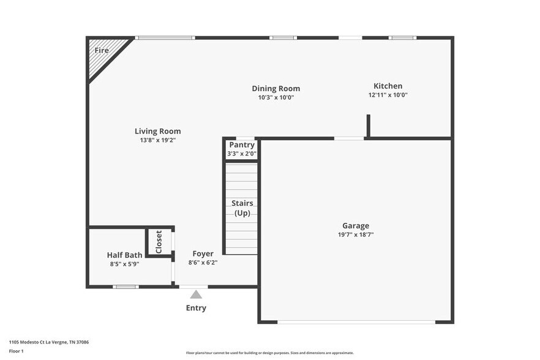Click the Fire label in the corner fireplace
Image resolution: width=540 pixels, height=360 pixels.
[102, 50]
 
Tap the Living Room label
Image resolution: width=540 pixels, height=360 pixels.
[158, 131]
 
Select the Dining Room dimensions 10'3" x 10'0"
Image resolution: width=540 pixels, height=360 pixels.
[276, 97]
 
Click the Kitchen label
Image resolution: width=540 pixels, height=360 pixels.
[388, 86]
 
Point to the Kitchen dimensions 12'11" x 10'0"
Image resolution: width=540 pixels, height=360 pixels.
[388, 95]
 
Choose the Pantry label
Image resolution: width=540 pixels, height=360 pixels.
[241, 145]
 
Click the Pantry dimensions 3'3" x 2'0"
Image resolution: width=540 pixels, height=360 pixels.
[241, 154]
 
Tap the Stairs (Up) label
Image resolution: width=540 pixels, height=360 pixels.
[242, 208]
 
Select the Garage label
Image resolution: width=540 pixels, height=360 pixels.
[356, 226]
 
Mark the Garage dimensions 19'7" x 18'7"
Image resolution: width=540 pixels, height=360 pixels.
[356, 234]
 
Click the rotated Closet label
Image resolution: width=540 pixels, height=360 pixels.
[159, 242]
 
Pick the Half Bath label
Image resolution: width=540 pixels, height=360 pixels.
[124, 255]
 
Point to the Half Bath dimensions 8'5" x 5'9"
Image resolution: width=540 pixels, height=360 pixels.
[124, 264]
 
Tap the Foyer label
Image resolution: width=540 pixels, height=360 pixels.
[203, 253]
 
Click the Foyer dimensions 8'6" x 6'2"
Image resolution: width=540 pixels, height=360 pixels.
[203, 262]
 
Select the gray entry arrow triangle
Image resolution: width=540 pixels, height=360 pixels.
[196, 294]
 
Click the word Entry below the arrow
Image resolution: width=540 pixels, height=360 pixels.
[196, 308]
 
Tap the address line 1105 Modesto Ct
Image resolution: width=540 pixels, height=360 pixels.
[49, 342]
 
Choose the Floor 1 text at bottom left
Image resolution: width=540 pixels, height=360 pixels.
[16, 351]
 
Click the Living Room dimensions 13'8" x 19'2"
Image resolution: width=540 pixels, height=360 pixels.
[158, 140]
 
